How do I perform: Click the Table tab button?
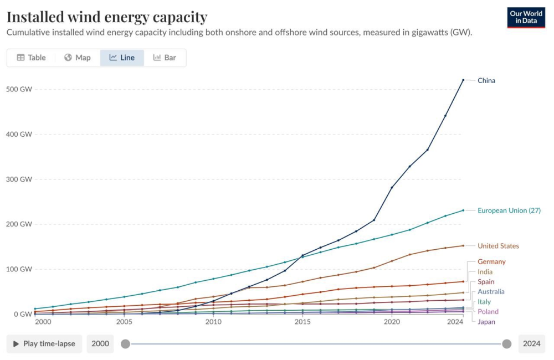click(32, 58)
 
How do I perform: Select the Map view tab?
click(77, 58)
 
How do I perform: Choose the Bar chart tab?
click(165, 58)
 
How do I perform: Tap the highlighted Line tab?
click(122, 58)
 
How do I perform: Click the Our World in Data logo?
click(526, 17)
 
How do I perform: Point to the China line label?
click(486, 80)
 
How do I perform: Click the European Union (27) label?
click(509, 210)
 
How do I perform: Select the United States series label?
click(498, 246)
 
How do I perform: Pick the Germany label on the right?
click(491, 261)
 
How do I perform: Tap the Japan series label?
click(486, 322)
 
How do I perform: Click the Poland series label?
click(488, 312)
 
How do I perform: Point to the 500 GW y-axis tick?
click(19, 89)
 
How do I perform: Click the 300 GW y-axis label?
click(19, 179)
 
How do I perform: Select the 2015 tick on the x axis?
click(302, 322)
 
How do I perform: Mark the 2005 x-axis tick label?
click(124, 322)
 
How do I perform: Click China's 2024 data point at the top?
click(463, 80)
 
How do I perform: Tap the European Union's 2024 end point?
click(463, 210)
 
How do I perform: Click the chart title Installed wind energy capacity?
click(107, 17)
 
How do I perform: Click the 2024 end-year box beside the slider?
click(531, 344)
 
